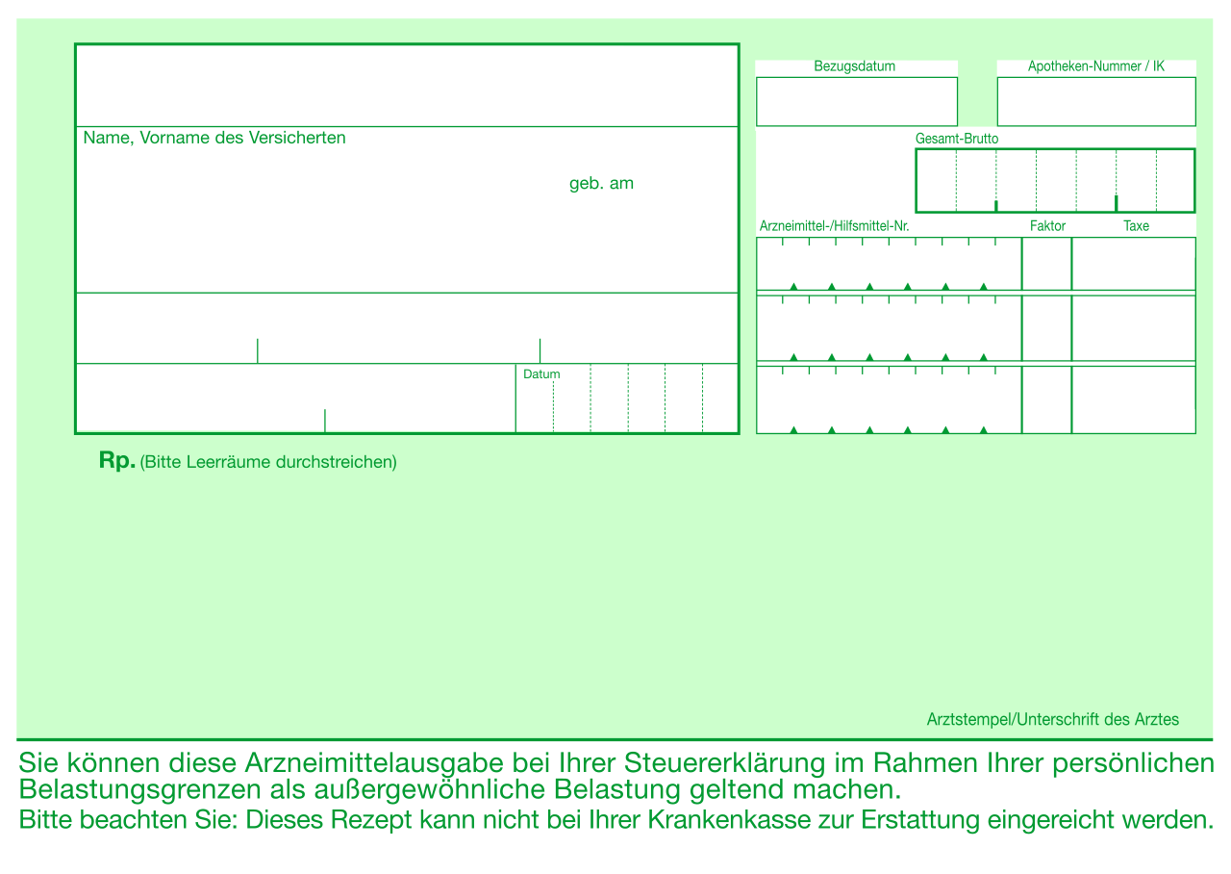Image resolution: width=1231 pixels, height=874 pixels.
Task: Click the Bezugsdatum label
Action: click(855, 66)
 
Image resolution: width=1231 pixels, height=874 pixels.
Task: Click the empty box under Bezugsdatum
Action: click(857, 102)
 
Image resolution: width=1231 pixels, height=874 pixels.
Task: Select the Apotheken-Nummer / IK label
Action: click(1095, 66)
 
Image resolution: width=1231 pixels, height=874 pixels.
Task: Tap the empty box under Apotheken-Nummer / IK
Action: click(1096, 102)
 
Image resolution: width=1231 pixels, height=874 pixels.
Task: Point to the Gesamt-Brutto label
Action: click(957, 139)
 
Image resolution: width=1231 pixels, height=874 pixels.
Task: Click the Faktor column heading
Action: click(1047, 226)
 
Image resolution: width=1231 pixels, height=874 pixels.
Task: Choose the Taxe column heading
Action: click(1136, 226)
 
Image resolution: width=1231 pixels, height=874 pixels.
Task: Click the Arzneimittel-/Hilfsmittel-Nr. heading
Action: click(834, 226)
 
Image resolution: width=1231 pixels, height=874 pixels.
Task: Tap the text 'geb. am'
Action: click(601, 183)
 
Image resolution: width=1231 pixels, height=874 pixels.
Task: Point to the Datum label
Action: click(541, 374)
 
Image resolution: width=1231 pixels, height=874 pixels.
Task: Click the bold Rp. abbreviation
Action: click(117, 460)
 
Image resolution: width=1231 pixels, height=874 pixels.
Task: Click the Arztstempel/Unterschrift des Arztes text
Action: click(1053, 719)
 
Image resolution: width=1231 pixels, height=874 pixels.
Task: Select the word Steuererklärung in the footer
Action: click(724, 763)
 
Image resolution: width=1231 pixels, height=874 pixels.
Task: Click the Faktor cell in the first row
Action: click(1047, 264)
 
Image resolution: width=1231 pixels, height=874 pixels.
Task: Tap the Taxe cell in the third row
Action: click(1134, 399)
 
